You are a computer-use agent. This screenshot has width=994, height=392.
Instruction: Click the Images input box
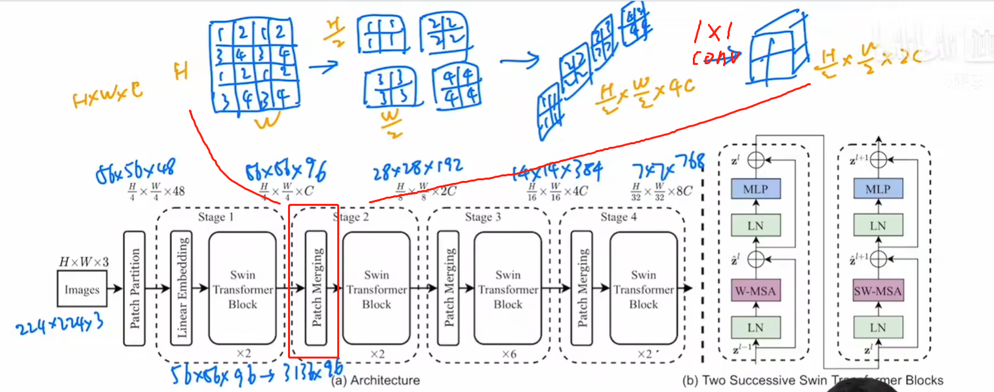coord(82,289)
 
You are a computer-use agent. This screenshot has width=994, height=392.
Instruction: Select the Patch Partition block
coord(135,288)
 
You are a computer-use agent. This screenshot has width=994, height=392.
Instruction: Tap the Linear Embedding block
coord(181,288)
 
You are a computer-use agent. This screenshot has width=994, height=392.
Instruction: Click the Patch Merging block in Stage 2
coord(316,288)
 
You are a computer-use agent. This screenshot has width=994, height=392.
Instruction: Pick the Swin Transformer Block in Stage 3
coord(508,288)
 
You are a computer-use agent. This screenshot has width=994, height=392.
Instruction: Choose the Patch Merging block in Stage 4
coord(582,288)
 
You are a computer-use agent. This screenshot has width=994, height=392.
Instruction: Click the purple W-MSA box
coord(756,291)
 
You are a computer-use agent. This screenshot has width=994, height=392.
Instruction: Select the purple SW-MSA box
coord(877,291)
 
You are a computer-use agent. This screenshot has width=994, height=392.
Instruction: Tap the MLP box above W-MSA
coord(756,189)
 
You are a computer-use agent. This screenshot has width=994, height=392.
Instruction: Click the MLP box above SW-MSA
coord(877,189)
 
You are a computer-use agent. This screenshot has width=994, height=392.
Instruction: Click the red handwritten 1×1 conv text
coord(716,45)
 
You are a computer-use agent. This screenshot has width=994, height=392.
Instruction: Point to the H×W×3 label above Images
coord(84,263)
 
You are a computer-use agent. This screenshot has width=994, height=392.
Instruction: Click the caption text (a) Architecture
coord(375,380)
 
